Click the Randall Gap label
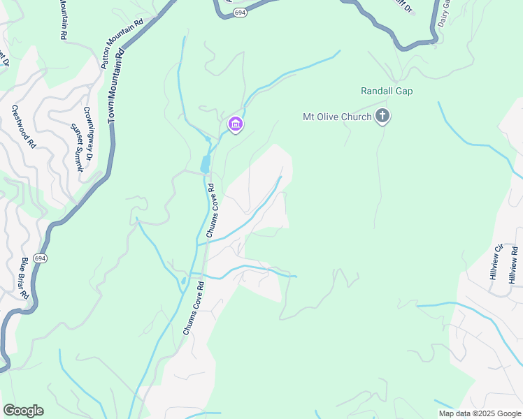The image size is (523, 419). (387, 91)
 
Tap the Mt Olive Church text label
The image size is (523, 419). (336, 117)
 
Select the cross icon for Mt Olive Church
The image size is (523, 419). (382, 116)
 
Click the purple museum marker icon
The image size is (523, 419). (236, 125)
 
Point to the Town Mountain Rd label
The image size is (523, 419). (115, 86)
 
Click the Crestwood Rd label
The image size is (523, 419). (23, 128)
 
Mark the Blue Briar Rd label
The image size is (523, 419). (24, 278)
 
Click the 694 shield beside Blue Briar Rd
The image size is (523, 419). (41, 258)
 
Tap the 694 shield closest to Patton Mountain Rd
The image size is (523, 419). (240, 13)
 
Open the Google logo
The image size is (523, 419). (23, 411)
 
